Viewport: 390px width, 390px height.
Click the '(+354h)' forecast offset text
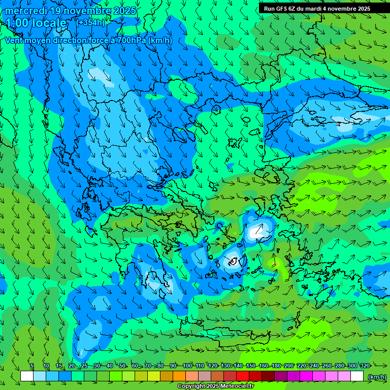pyautogui.click(x=90, y=22)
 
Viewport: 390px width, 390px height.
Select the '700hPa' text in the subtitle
pyautogui.click(x=132, y=41)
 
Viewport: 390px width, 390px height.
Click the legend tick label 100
pyautogui.click(x=187, y=366)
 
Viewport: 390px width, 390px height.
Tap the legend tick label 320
pyautogui.click(x=365, y=366)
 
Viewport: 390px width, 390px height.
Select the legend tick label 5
pyautogui.click(x=32, y=366)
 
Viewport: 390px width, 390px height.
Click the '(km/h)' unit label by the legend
pyautogui.click(x=377, y=376)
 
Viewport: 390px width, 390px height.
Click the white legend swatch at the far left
pyautogui.click(x=27, y=376)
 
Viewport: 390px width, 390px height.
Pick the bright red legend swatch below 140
pyautogui.click(x=243, y=376)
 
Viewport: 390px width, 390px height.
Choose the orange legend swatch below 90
pyautogui.click(x=179, y=376)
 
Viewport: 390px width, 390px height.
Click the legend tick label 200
pyautogui.click(x=289, y=366)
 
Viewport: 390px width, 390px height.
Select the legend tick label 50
pyautogui.click(x=122, y=366)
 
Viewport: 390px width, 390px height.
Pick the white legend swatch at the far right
pyautogui.click(x=357, y=376)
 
